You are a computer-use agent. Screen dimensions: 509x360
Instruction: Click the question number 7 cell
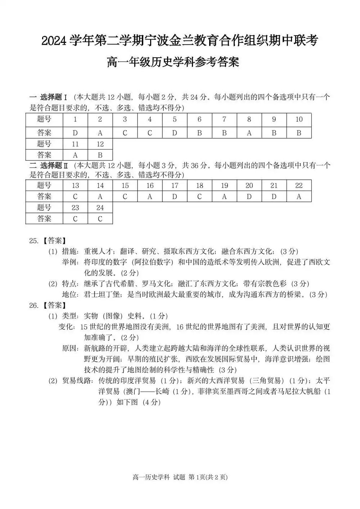click(x=224, y=120)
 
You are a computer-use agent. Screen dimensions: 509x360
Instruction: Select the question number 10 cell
click(x=299, y=120)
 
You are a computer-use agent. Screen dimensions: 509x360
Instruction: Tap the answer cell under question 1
click(x=75, y=133)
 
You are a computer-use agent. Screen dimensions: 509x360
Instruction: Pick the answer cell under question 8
click(x=249, y=133)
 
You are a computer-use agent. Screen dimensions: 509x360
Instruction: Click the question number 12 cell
click(x=100, y=144)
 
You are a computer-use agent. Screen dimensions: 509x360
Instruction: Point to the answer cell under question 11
click(x=75, y=155)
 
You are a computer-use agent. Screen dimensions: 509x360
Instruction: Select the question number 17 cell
click(x=175, y=186)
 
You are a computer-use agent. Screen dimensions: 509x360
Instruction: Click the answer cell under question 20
click(x=249, y=197)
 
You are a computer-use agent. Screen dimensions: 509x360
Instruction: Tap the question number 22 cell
click(x=299, y=186)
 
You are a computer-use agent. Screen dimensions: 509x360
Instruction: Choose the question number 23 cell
click(x=75, y=208)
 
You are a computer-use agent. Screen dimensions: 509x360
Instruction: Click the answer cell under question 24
click(x=100, y=219)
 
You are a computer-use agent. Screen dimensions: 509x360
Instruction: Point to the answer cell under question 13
click(x=75, y=197)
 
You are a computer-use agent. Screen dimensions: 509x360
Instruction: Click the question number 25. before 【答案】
click(x=34, y=241)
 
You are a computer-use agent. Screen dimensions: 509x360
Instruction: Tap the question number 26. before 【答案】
click(x=34, y=305)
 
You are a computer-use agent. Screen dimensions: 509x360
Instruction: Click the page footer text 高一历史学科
click(x=151, y=477)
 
